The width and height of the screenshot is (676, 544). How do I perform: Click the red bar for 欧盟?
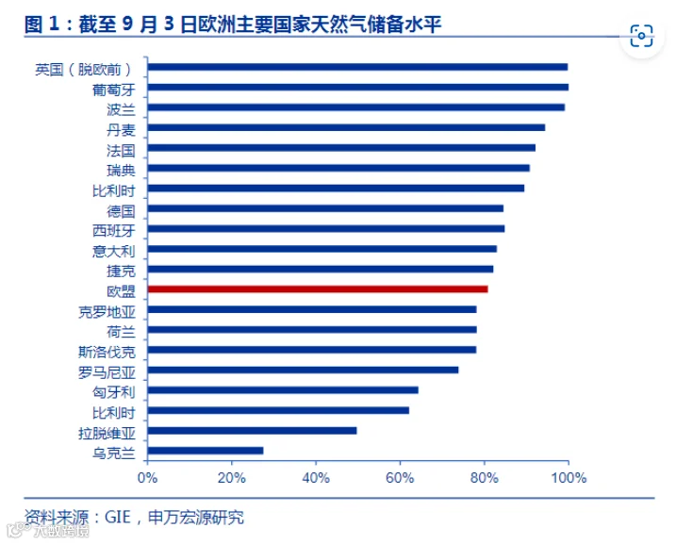tap(318, 289)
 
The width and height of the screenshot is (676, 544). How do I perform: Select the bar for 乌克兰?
tap(206, 451)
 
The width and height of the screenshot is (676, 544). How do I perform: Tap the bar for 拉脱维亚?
tap(253, 431)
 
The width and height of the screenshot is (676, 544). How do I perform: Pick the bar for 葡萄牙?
tap(358, 88)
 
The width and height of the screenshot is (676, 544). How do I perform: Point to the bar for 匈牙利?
tap(283, 390)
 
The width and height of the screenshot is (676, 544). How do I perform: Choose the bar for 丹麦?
tap(346, 127)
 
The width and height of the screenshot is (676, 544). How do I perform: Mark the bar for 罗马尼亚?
tap(303, 370)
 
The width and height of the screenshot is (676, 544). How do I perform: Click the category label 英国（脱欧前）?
tap(84, 70)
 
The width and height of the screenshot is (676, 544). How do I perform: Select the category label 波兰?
tap(121, 110)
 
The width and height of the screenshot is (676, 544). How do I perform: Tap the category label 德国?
tap(121, 211)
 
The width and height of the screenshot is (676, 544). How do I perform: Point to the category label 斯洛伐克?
tap(107, 353)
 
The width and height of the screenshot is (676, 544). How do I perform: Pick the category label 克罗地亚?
tap(107, 312)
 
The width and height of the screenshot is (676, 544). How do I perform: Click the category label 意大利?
tap(114, 252)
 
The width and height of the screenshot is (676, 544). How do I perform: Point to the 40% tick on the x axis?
tap(316, 463)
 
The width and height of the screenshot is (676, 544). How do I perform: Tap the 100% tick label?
tap(569, 478)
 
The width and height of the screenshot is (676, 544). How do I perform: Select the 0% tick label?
tap(147, 478)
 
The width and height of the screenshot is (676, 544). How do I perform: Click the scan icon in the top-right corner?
tap(641, 36)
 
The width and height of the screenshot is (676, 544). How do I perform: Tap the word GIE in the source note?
tap(118, 517)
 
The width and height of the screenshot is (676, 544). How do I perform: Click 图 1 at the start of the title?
tap(41, 25)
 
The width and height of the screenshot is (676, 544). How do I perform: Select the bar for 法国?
tap(341, 148)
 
